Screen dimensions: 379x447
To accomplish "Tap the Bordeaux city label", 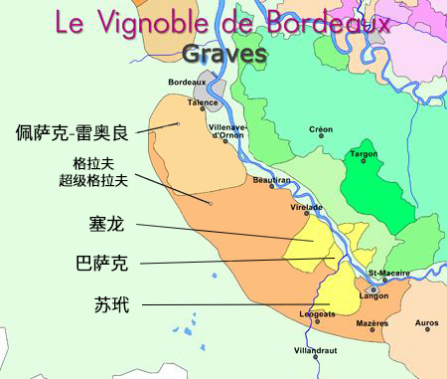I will [186, 81].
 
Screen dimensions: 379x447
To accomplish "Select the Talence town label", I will [203, 101].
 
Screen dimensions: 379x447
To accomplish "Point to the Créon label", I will [320, 128].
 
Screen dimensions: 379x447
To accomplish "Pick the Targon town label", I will [364, 153].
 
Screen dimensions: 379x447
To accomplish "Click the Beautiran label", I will [271, 180].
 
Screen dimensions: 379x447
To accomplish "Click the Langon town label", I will [373, 295].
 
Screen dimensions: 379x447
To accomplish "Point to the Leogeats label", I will [317, 314].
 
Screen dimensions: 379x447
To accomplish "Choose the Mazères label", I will [372, 323].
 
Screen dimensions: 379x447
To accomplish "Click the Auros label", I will [426, 323].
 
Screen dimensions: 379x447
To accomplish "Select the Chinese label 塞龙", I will [103, 226].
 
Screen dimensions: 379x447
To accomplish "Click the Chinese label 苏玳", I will [103, 303].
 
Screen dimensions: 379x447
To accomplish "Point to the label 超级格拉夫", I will [95, 181].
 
